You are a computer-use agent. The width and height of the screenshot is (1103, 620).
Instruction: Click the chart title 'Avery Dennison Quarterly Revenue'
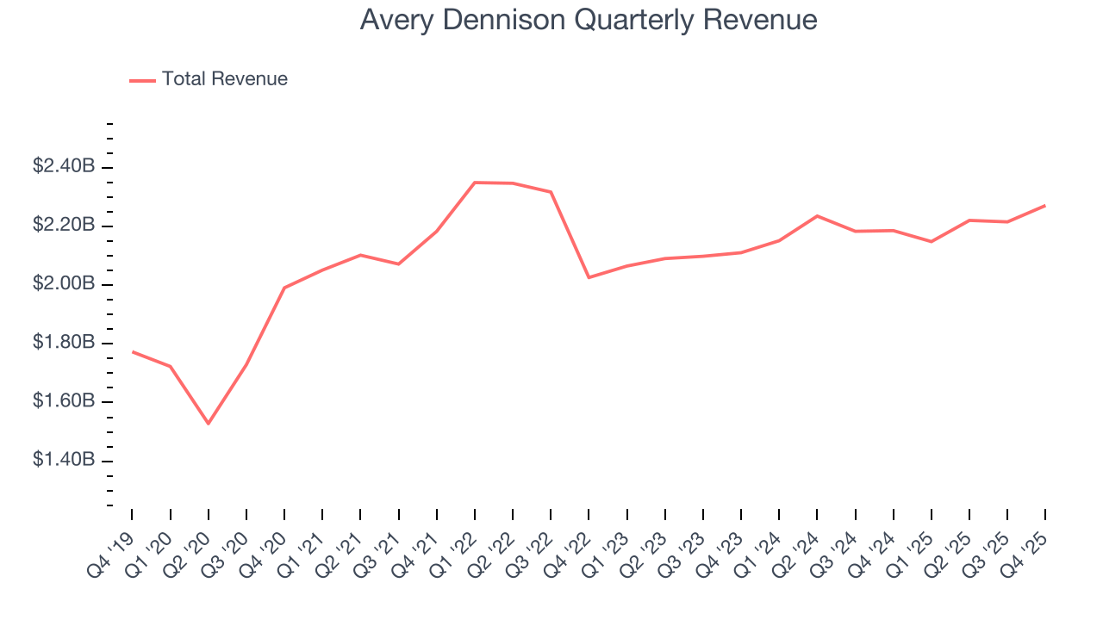click(588, 20)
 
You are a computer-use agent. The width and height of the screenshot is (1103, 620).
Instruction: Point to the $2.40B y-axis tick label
click(63, 166)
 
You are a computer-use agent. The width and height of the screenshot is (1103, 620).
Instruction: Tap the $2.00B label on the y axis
click(63, 284)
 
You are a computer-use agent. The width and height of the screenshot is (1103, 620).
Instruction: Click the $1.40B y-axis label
click(63, 461)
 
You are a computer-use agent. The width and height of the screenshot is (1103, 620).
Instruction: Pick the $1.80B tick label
click(63, 343)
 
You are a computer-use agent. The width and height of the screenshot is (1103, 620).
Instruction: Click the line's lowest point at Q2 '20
click(208, 424)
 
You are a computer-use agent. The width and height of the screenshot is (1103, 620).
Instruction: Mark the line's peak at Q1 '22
click(475, 183)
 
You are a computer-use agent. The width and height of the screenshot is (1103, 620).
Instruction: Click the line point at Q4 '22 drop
click(589, 277)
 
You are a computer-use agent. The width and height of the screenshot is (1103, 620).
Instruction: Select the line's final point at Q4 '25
click(1045, 205)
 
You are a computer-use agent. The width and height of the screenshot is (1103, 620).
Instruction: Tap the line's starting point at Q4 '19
click(132, 351)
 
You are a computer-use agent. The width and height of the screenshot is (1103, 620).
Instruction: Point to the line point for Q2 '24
click(817, 215)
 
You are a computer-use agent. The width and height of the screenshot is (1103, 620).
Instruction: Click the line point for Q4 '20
click(284, 288)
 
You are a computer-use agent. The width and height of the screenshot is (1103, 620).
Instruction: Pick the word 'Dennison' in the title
click(508, 20)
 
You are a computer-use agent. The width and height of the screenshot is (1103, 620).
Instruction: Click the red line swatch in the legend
click(142, 80)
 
